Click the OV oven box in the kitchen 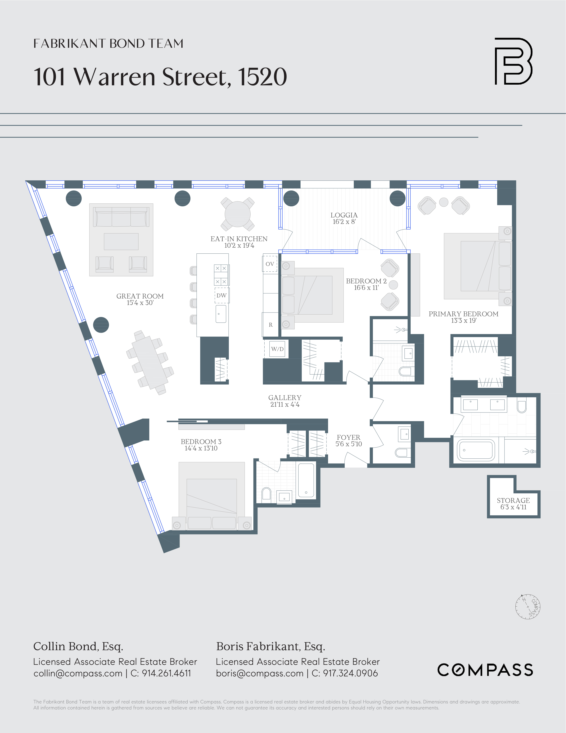(x=270, y=264)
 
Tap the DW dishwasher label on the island (x=221, y=295)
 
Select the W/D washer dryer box (x=277, y=349)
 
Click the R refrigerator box (x=270, y=325)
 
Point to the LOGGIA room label (x=344, y=215)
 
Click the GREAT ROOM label (x=140, y=296)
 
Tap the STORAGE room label (x=513, y=500)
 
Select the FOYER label (x=348, y=437)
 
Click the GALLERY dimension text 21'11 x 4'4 (x=285, y=404)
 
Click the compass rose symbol (x=527, y=607)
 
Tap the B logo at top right (x=513, y=61)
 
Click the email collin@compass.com (x=78, y=673)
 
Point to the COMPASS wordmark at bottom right (x=485, y=670)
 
